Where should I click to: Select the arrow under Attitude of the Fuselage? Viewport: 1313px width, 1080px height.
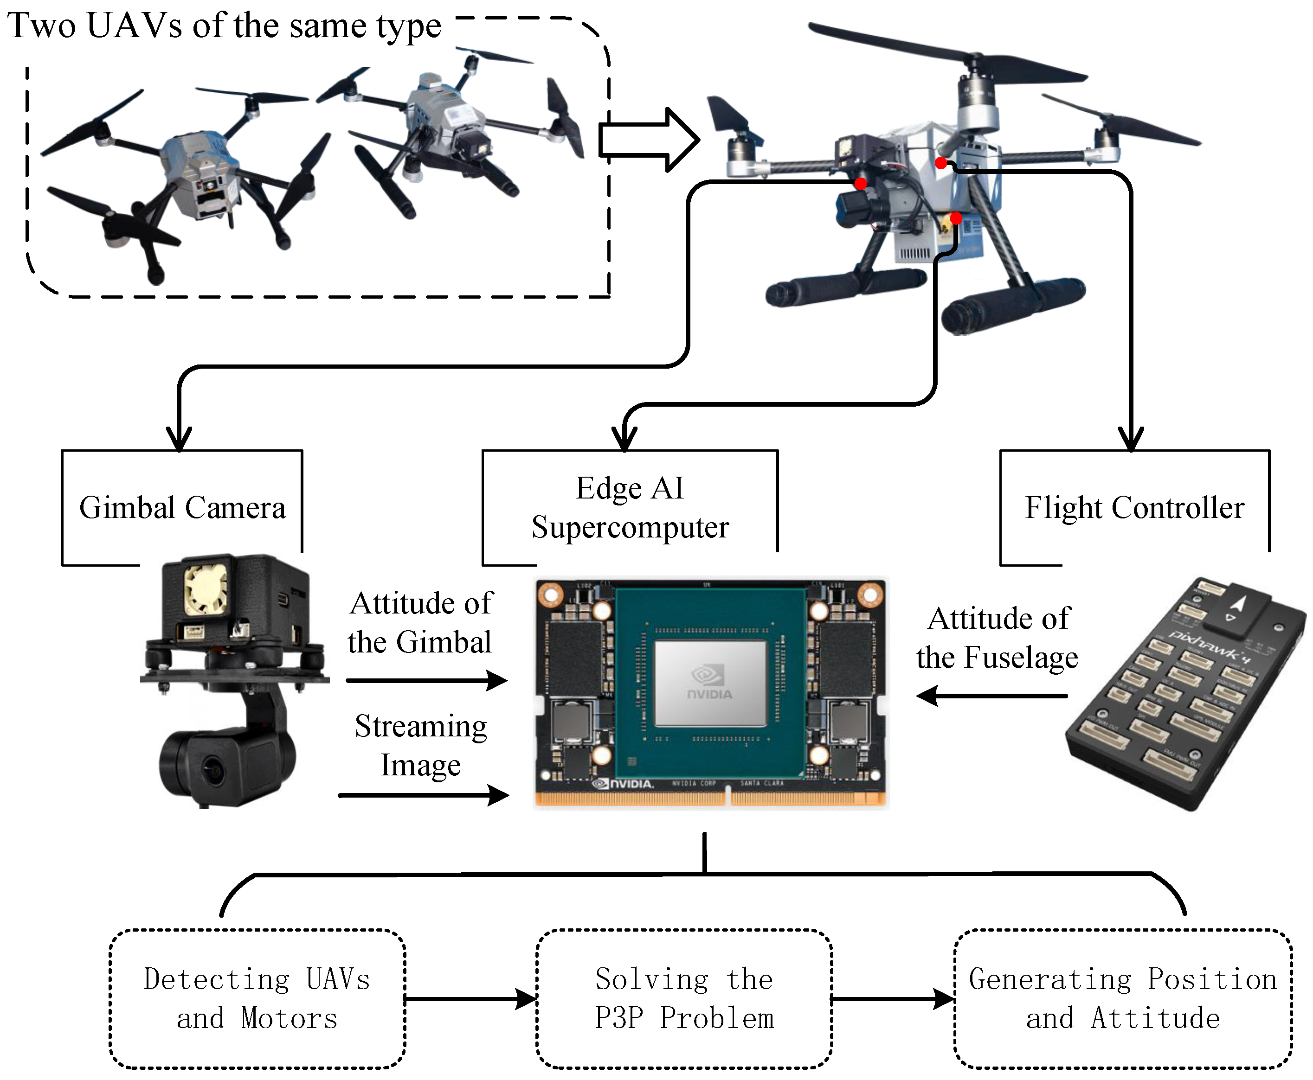[x=992, y=696]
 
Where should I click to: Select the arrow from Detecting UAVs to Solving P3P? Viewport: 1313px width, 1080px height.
[x=470, y=999]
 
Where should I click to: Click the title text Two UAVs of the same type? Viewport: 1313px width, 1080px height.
[x=224, y=26]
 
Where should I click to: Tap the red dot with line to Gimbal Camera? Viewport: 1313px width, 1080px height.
[x=861, y=184]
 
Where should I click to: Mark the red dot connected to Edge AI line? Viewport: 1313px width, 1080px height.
[x=956, y=218]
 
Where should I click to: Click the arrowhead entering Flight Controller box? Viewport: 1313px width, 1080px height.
[x=1131, y=439]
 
